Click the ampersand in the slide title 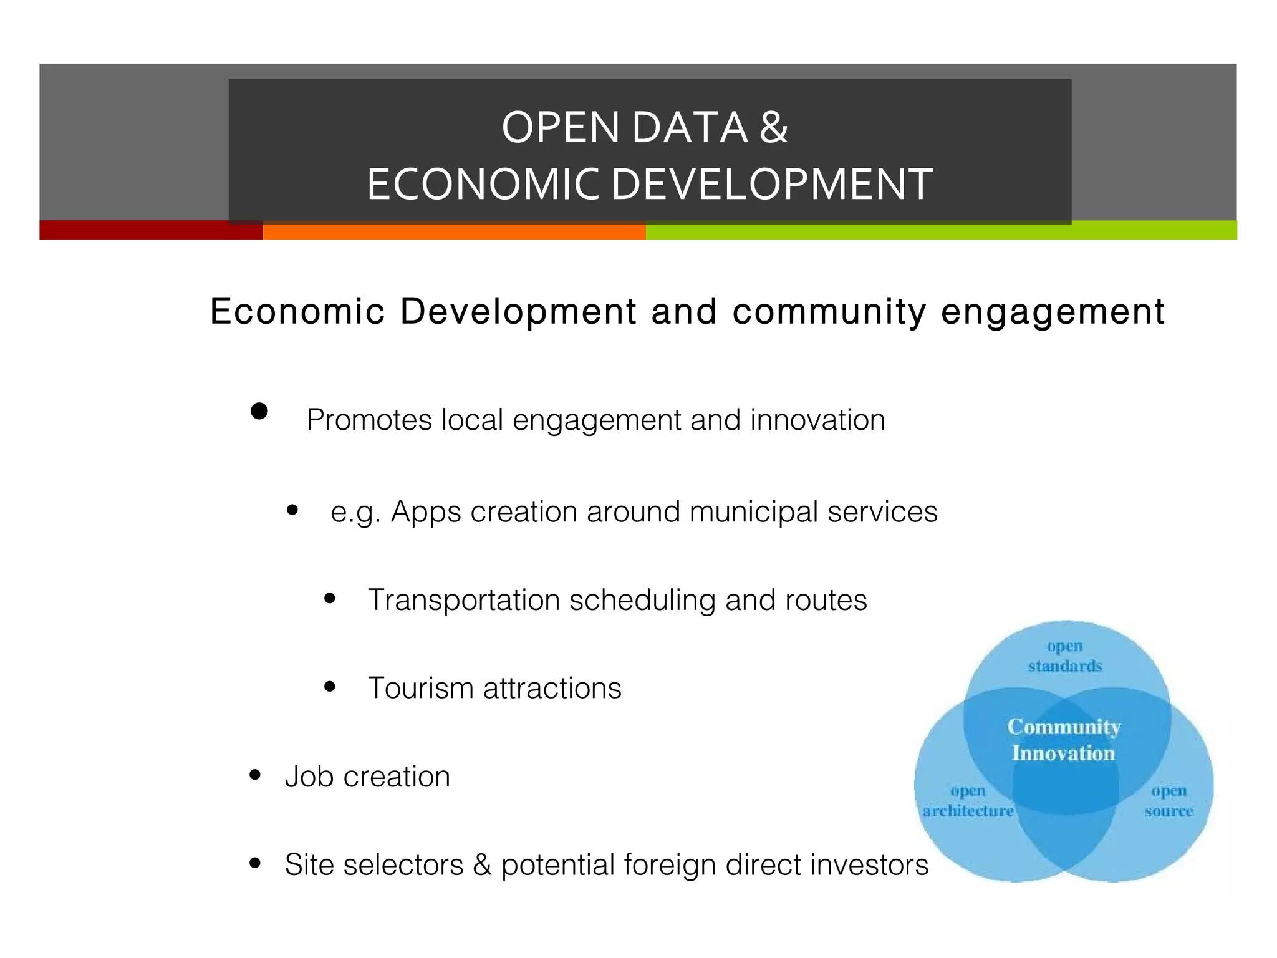coord(774,128)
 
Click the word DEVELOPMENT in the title coord(771,185)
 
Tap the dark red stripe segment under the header coord(150,230)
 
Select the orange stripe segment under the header coord(454,231)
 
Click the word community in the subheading coord(829,311)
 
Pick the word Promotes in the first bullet coord(369,420)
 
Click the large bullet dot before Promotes coord(259,411)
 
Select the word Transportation coord(464,600)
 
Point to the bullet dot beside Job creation coord(254,775)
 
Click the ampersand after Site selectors coord(482,864)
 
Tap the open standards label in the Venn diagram coord(1065,656)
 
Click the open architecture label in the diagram coord(968,801)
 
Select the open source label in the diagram coord(1169,801)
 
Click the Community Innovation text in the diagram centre coord(1064,740)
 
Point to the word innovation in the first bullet coord(817,420)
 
